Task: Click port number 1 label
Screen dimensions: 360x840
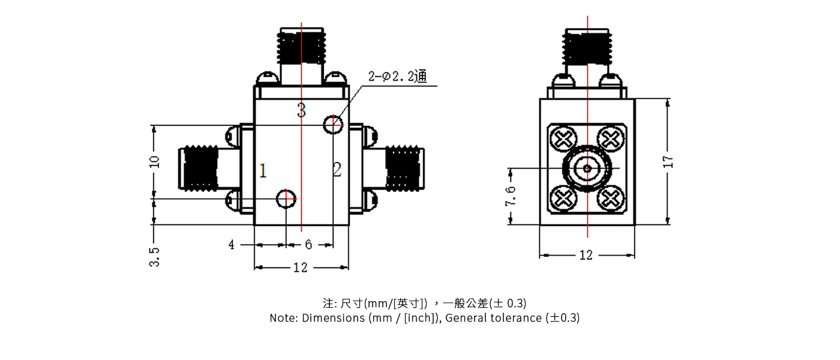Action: click(x=263, y=171)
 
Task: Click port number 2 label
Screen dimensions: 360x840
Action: click(x=337, y=170)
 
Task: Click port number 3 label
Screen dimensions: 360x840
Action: click(x=301, y=110)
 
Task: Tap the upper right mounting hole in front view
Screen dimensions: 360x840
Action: click(x=333, y=125)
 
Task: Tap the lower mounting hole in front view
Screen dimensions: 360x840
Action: click(x=286, y=198)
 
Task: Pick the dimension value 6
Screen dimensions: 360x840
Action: click(x=308, y=245)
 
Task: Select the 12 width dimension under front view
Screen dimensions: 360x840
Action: click(x=301, y=268)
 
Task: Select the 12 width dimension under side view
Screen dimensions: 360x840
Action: click(x=586, y=256)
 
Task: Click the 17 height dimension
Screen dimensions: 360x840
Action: click(x=669, y=161)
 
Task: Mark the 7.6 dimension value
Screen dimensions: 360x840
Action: click(x=511, y=196)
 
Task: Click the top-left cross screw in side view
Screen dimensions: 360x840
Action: click(x=563, y=140)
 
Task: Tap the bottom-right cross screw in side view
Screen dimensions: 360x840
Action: click(x=611, y=197)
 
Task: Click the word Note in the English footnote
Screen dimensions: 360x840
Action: click(x=283, y=317)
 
